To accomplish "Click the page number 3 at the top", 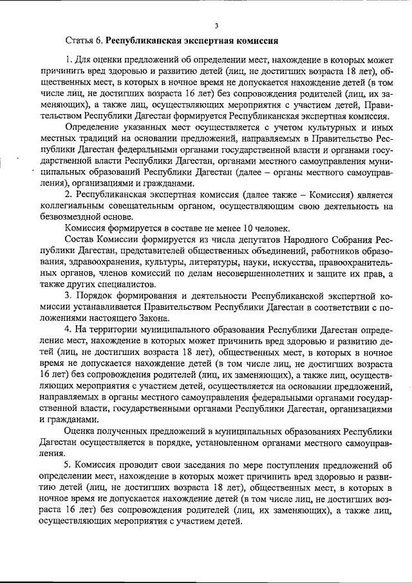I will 216,26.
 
